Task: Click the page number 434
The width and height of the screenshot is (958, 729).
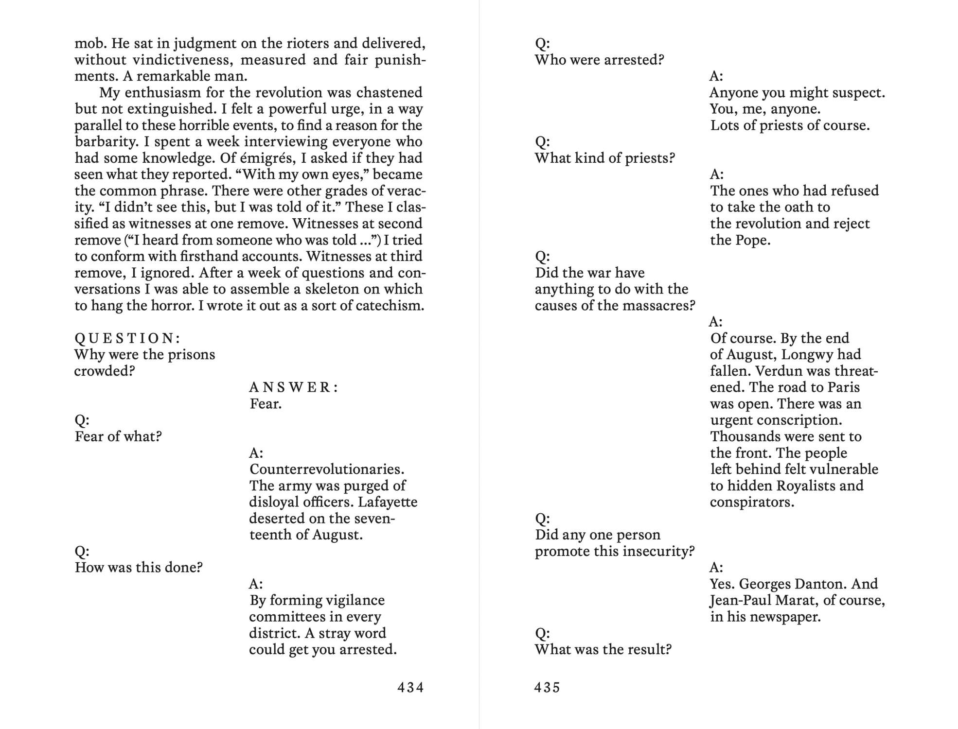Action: tap(410, 687)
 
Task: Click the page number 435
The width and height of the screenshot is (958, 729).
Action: tap(547, 687)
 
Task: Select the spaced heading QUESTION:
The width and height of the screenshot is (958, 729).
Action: tap(127, 338)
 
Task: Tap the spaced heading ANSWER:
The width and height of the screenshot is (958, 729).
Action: tap(294, 387)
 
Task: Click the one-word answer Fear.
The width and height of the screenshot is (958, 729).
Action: tap(266, 404)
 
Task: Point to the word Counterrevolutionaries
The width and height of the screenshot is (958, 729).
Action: tap(327, 469)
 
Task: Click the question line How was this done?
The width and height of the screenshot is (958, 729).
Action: tap(139, 568)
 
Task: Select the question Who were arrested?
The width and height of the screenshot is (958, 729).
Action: tap(599, 60)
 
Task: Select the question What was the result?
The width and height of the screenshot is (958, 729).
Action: tap(603, 650)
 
